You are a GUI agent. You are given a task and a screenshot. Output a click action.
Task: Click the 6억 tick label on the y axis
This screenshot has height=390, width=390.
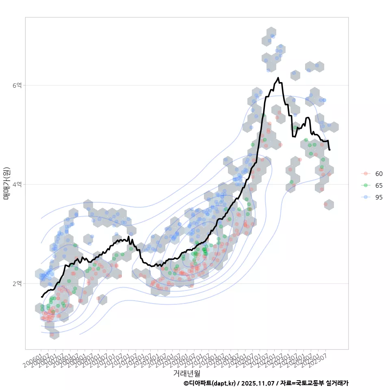pos(17,85)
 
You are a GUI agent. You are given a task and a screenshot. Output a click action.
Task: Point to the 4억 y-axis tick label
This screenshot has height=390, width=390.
pos(17,184)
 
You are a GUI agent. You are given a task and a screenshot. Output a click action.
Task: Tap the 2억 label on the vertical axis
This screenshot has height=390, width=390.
pos(17,283)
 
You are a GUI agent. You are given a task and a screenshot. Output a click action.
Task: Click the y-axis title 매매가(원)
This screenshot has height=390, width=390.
pos(6,183)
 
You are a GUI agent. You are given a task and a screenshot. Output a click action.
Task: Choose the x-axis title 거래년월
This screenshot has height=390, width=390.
pos(186,373)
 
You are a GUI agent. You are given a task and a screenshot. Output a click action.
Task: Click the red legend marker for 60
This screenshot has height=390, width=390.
pos(366,173)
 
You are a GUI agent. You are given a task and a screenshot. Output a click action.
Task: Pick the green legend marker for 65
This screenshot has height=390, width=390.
pos(366,185)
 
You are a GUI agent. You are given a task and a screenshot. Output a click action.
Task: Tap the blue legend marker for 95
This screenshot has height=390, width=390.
pos(366,197)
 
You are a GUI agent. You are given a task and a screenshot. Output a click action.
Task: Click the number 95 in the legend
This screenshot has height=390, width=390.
pos(379,197)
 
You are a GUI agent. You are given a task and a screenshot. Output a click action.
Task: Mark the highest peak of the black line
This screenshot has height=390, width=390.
pos(278,78)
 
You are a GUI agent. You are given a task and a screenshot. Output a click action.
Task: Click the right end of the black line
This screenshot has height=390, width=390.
pos(329,150)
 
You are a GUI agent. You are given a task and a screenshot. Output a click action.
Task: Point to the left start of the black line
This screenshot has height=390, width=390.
pos(41,297)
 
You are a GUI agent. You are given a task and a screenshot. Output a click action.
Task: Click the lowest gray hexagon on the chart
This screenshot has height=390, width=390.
pos(54,334)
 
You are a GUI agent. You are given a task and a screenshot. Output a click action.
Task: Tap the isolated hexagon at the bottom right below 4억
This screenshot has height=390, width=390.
pos(329,204)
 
